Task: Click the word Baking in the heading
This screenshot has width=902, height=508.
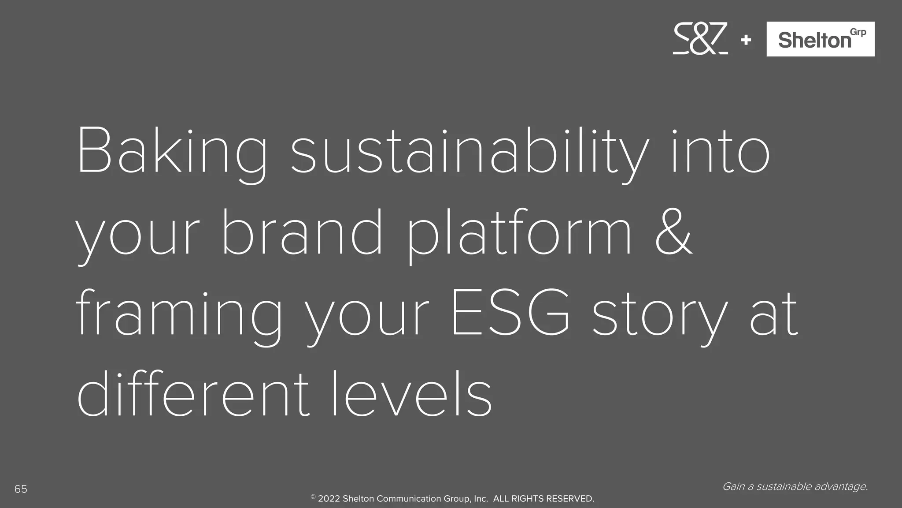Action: [x=172, y=152]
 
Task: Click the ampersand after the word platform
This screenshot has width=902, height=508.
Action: [x=673, y=233]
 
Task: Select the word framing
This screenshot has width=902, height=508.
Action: [x=178, y=314]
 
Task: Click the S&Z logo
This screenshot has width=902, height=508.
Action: [x=700, y=39]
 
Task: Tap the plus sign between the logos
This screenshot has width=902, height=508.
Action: [x=746, y=40]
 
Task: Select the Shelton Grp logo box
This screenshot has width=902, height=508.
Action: [x=820, y=39]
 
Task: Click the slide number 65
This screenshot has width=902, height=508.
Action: [x=21, y=489]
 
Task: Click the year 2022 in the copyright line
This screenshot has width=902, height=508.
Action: [x=329, y=499]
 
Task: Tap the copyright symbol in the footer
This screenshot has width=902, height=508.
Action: [x=313, y=497]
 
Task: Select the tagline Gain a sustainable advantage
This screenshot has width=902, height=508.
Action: [x=795, y=486]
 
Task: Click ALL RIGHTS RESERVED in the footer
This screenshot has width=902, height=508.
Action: [x=543, y=499]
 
